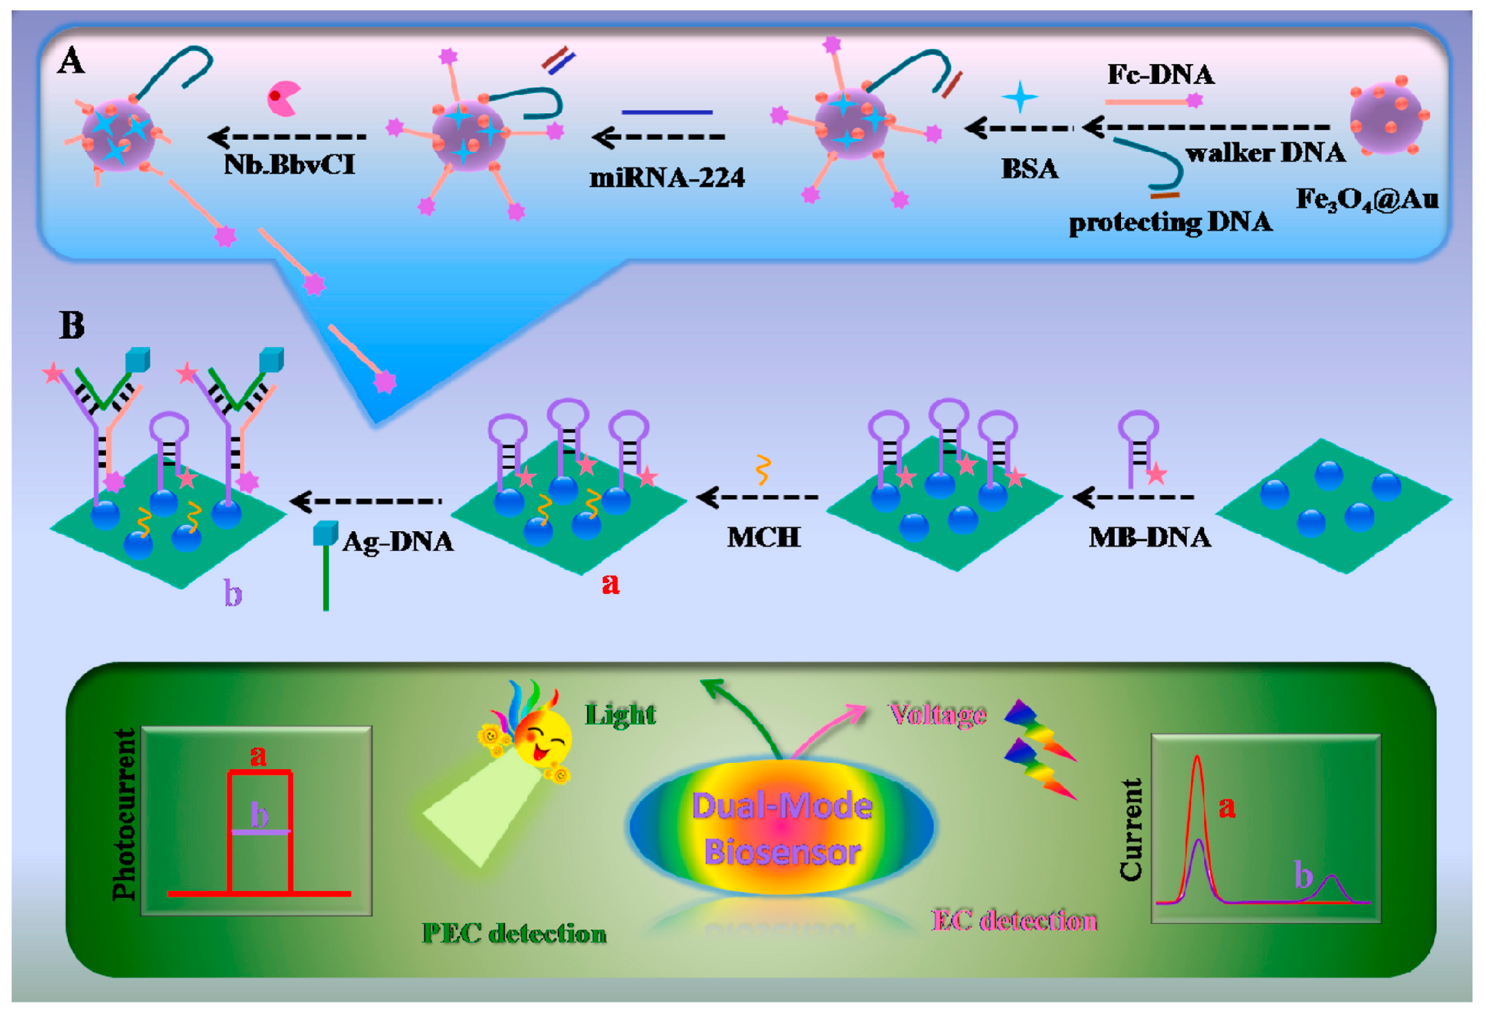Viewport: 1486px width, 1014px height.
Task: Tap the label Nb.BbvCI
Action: [289, 165]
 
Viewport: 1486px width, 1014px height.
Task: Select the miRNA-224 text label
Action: [667, 177]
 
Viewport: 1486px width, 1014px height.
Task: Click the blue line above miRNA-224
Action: [666, 113]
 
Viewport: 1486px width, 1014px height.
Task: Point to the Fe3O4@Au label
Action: [1367, 199]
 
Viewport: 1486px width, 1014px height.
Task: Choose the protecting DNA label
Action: [1170, 223]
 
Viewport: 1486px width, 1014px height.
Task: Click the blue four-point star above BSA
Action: [1020, 97]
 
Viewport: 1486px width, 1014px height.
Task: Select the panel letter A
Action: [71, 62]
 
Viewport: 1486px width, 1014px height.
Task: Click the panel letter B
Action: [72, 326]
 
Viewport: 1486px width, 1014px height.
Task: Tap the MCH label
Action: [763, 537]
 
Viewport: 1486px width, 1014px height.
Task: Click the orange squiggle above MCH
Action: [762, 470]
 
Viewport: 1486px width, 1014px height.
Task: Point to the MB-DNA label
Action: [1150, 537]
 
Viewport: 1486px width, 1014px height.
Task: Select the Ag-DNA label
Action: [398, 541]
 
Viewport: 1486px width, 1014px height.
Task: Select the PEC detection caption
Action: [514, 934]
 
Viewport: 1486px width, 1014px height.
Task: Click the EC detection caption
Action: [1015, 921]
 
